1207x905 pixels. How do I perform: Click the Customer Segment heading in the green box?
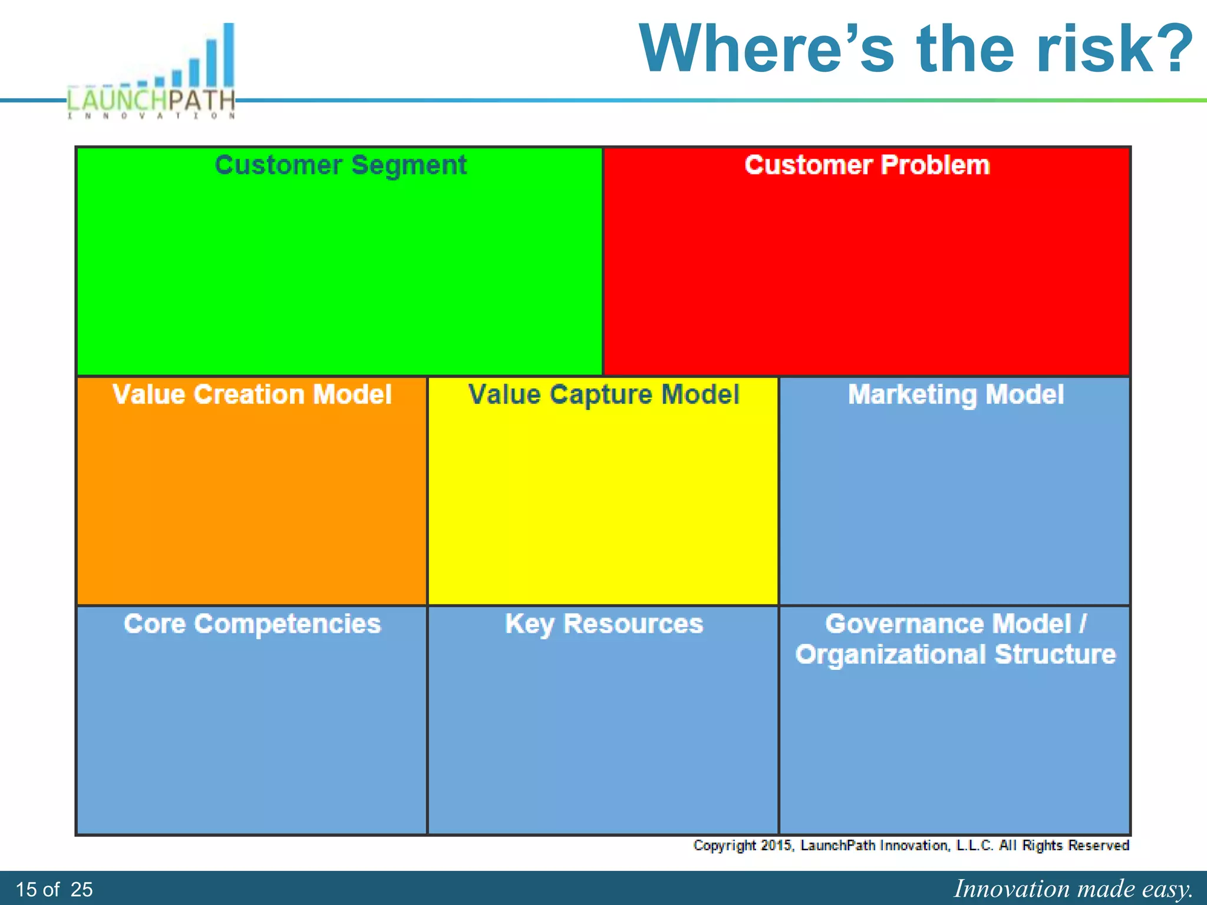(x=341, y=165)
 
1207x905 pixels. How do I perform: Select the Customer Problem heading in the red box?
(x=867, y=165)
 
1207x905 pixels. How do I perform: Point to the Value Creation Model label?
(x=252, y=394)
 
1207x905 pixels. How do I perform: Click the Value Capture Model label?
(x=603, y=394)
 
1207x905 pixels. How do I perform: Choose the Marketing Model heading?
(x=955, y=394)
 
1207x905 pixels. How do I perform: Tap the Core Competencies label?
(x=252, y=624)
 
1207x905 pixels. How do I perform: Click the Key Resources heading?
(x=603, y=624)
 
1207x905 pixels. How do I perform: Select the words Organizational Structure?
(x=955, y=655)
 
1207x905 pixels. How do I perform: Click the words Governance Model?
(x=948, y=624)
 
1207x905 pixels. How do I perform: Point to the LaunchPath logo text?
(x=151, y=100)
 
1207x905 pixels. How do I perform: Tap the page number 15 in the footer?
(x=26, y=889)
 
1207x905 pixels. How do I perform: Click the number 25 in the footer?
(x=81, y=889)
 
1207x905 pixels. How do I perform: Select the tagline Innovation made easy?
(x=1073, y=889)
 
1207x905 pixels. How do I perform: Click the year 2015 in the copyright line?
(x=777, y=845)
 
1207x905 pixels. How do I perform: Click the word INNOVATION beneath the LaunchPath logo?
(x=151, y=116)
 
